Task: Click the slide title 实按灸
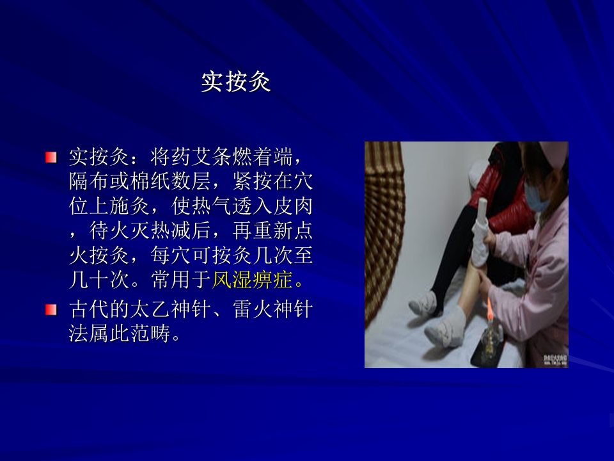pos(236,81)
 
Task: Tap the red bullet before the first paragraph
pos(51,158)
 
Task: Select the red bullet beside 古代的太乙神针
pos(51,310)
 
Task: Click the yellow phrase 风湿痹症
pos(253,280)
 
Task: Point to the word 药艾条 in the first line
pos(201,158)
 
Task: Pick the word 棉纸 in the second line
pos(150,181)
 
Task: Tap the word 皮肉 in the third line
pos(294,206)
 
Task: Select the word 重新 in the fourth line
pos(273,230)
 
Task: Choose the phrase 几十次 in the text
pos(100,280)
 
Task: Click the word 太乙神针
pos(171,310)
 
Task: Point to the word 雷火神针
pos(273,310)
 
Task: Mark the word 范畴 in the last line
pos(150,334)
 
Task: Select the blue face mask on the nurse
pos(536,198)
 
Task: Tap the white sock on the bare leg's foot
pos(446,327)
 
